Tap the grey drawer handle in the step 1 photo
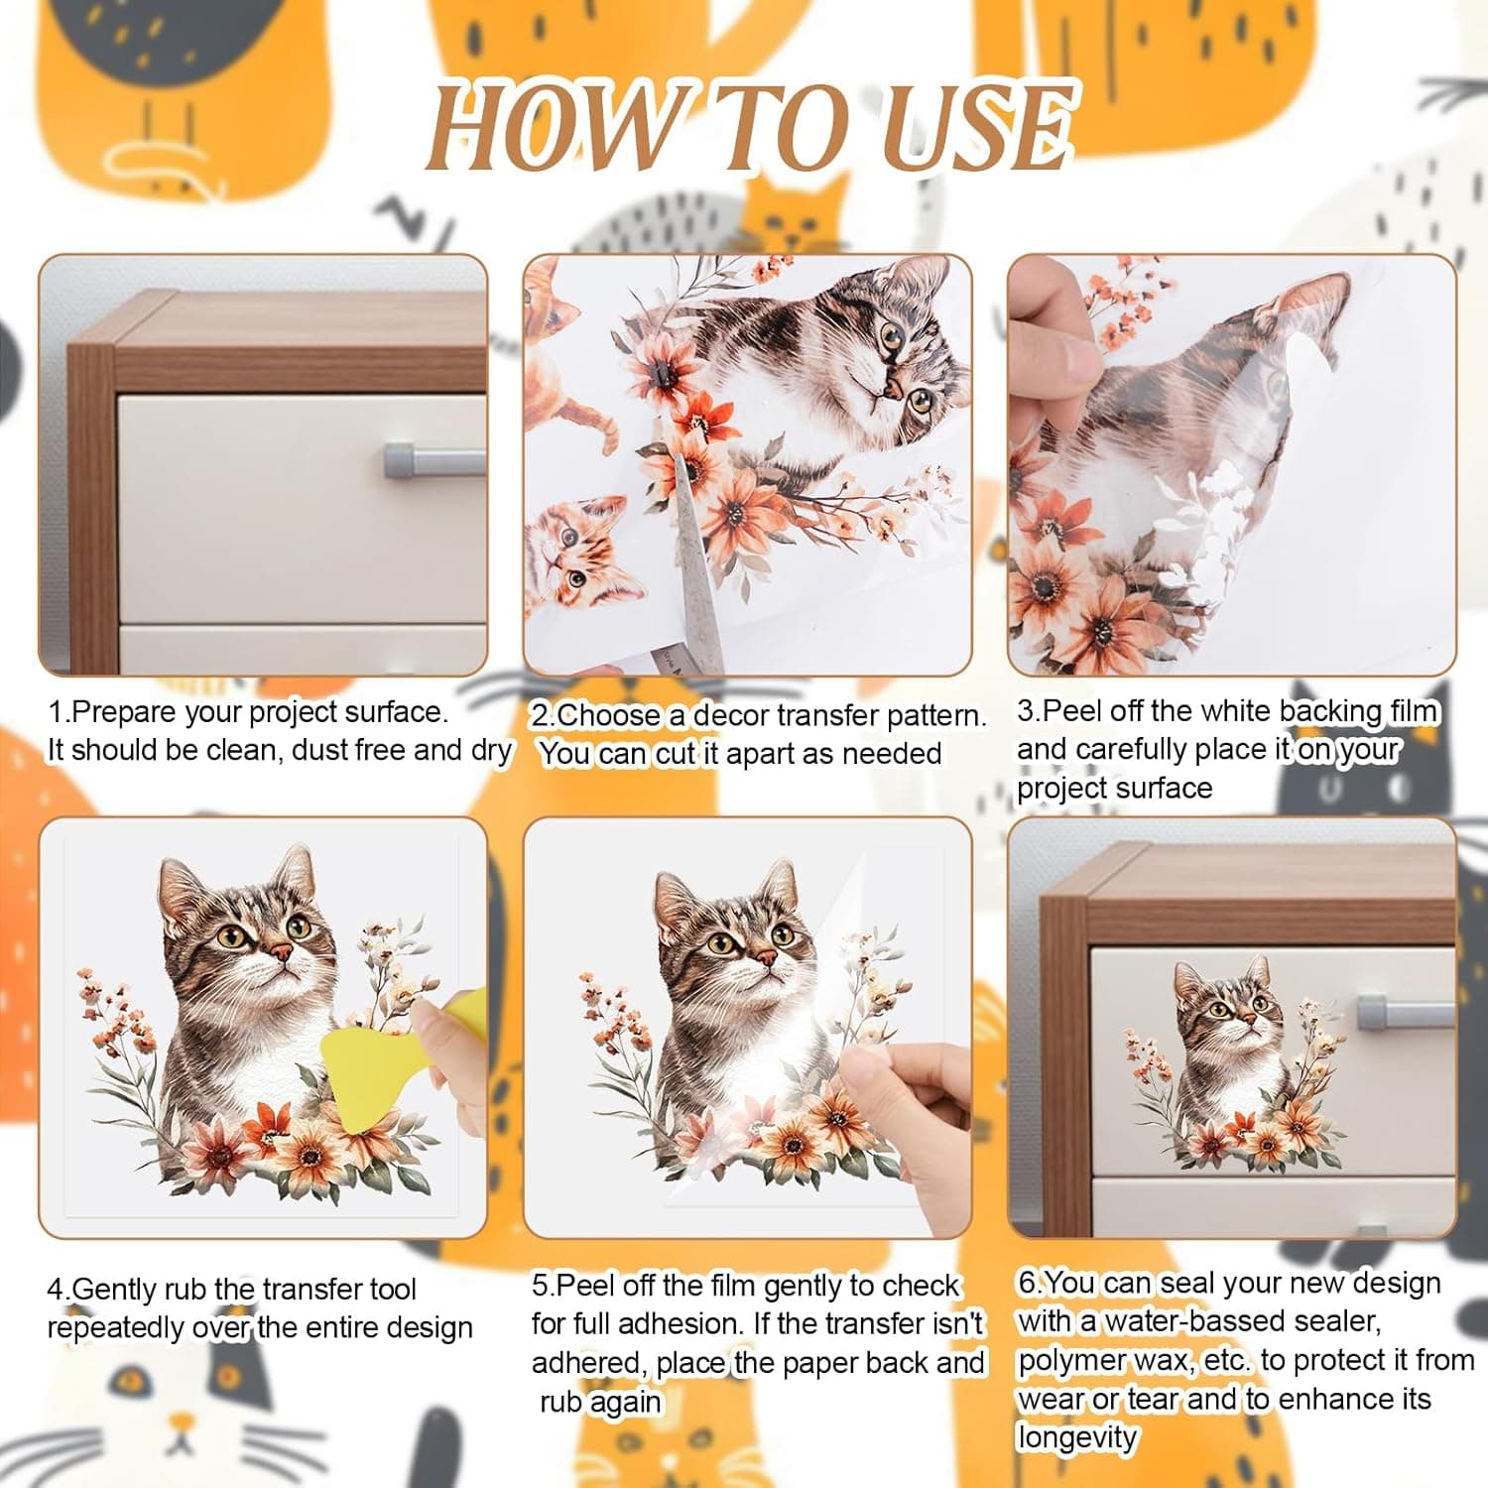coord(434,461)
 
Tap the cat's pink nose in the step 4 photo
coord(282,954)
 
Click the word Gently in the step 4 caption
coord(113,1290)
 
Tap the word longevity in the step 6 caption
coord(1077,1437)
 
